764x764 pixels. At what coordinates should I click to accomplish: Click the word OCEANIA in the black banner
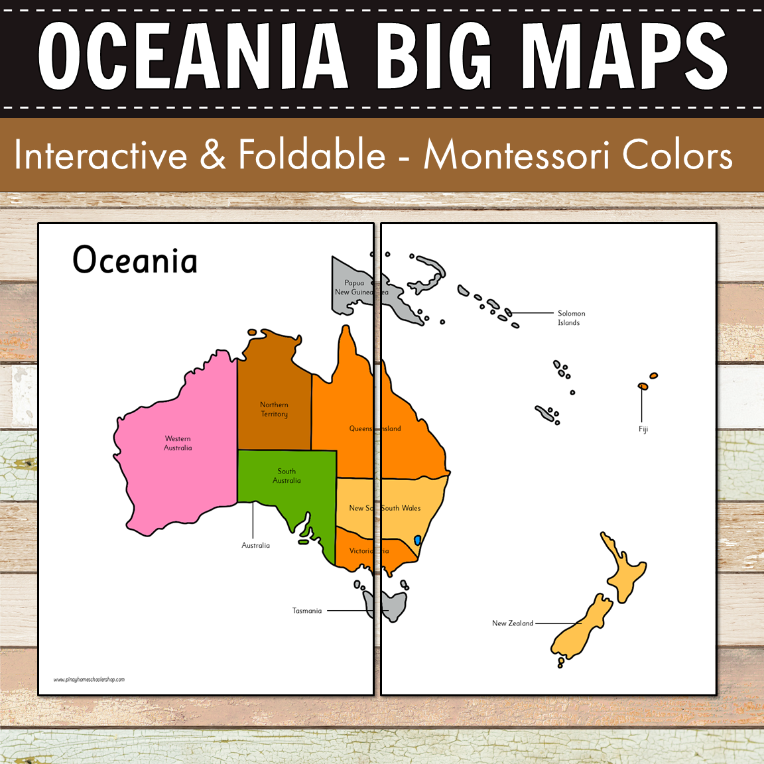click(193, 56)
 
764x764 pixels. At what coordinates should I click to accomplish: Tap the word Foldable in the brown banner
click(312, 155)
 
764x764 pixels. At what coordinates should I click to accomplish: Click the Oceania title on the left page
click(135, 260)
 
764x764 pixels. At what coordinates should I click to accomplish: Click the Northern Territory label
click(274, 409)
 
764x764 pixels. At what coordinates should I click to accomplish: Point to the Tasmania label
click(307, 611)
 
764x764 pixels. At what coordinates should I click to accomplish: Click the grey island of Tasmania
click(391, 605)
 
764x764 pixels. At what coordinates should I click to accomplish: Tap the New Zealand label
click(513, 623)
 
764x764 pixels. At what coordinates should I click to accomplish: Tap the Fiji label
click(643, 429)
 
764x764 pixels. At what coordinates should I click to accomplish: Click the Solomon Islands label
click(571, 318)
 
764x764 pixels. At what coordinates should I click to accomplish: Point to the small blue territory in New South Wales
click(417, 541)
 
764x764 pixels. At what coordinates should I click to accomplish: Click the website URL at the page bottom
click(89, 679)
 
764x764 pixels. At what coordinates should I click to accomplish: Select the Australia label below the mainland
click(255, 545)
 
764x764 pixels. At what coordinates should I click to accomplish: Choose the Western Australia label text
click(178, 443)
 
